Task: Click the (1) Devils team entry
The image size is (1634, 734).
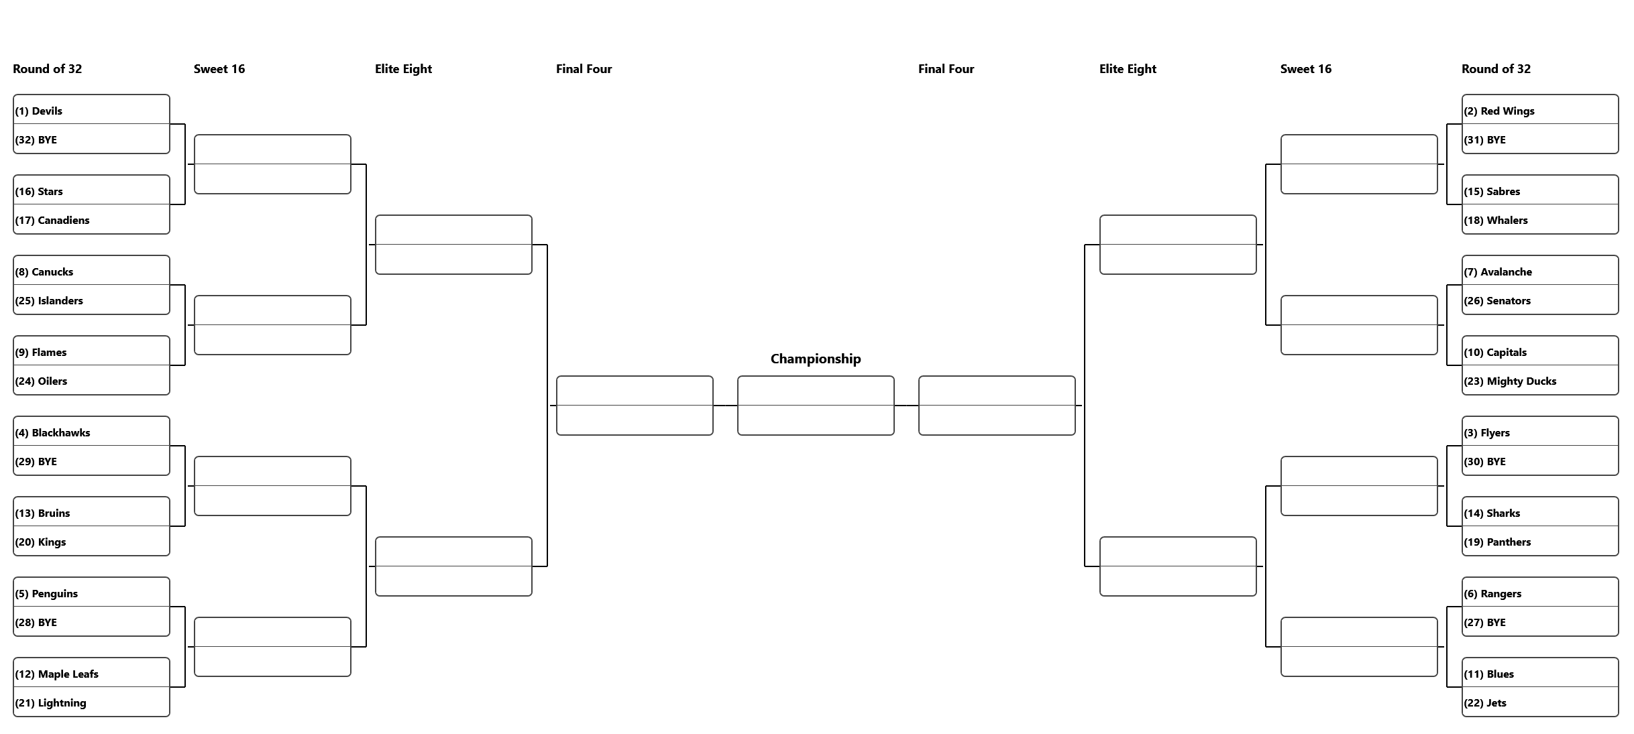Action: (91, 110)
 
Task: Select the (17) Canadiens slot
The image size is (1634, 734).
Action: (91, 219)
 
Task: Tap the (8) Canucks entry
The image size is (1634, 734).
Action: (91, 271)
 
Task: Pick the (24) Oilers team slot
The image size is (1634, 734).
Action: (91, 380)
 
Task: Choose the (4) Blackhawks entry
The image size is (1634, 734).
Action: (91, 432)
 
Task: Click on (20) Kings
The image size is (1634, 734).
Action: (91, 541)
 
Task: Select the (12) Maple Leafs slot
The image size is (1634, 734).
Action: (91, 673)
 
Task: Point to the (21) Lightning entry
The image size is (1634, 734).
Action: (91, 702)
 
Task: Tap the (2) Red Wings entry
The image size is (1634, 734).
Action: (1540, 110)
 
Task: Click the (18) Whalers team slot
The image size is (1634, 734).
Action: (1540, 219)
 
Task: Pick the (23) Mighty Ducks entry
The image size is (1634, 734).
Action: (1540, 380)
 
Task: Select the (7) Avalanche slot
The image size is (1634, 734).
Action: (1540, 271)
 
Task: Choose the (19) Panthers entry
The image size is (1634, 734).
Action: (1540, 541)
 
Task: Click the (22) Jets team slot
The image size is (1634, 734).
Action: (1540, 702)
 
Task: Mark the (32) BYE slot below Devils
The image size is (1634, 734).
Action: (91, 139)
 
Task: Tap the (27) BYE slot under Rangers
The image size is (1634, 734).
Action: (1540, 621)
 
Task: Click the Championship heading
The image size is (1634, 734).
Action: (816, 359)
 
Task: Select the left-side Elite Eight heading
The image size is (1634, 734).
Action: (403, 69)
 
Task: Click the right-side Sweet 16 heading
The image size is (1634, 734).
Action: (1306, 69)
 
